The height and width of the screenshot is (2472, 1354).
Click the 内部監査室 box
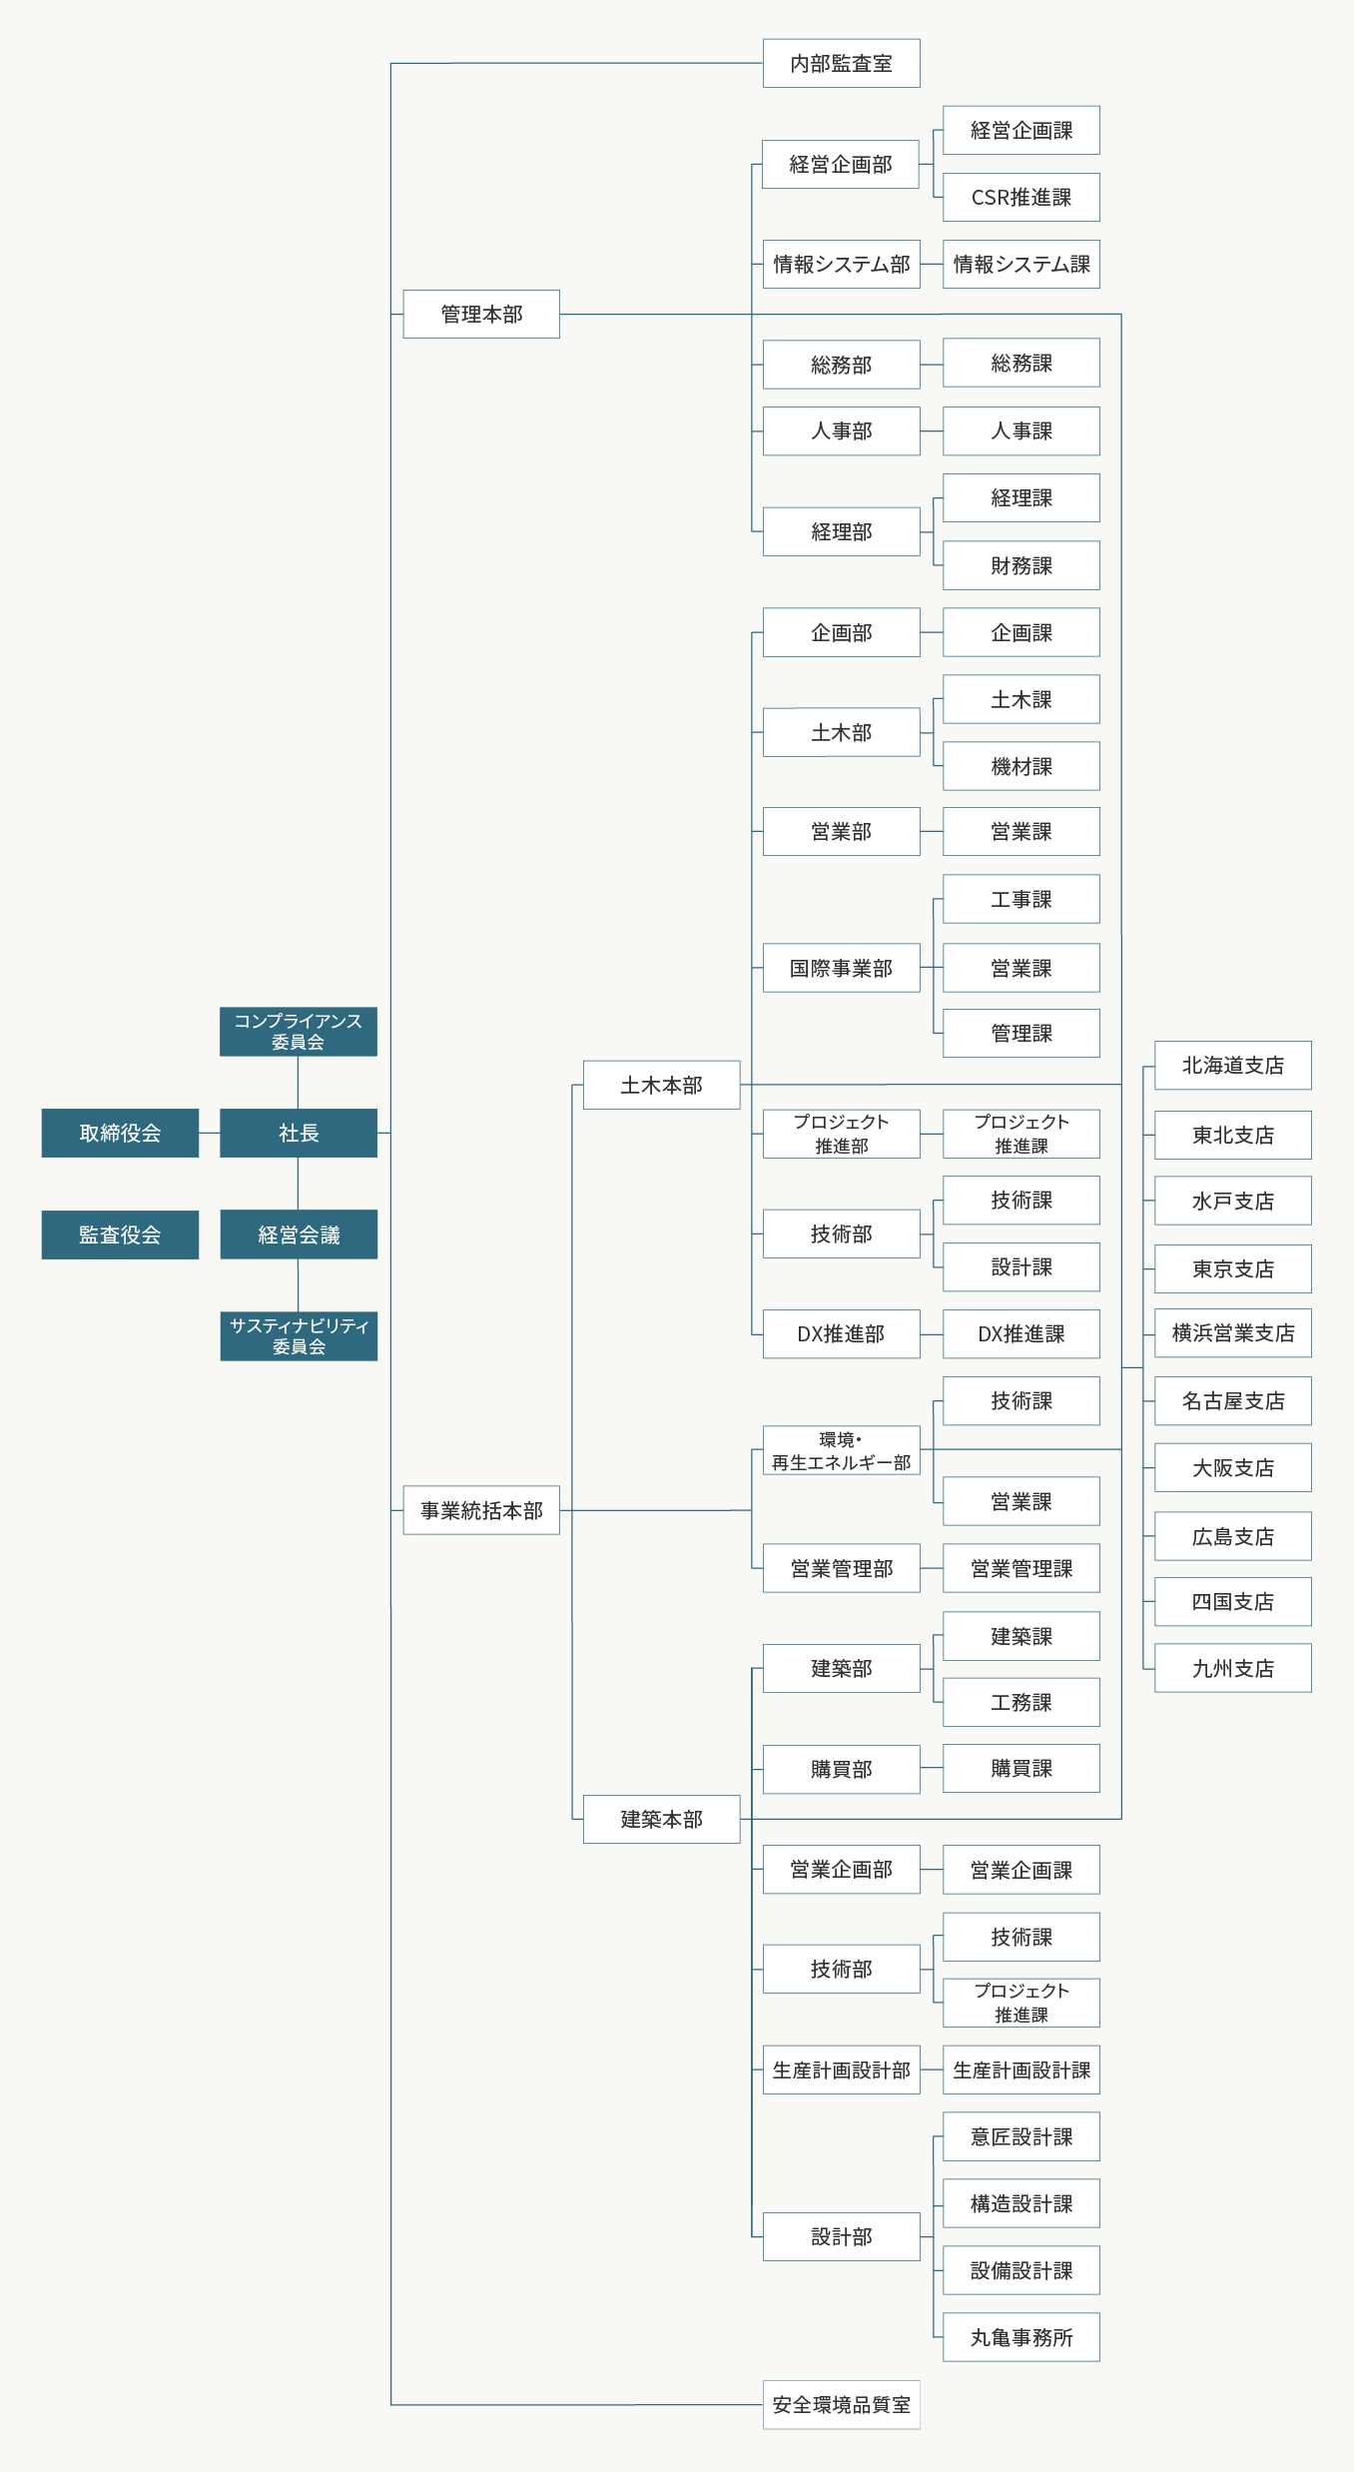(841, 63)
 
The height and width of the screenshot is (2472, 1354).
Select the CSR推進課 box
(1021, 198)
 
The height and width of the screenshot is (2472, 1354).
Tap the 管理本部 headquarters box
(481, 314)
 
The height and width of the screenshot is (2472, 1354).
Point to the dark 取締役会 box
(120, 1133)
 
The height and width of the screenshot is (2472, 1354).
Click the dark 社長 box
(299, 1133)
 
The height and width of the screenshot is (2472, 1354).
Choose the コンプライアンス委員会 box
(299, 1032)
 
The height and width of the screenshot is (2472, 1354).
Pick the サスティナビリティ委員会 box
(299, 1336)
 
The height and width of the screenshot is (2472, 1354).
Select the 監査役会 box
(120, 1235)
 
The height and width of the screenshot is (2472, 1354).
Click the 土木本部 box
(661, 1085)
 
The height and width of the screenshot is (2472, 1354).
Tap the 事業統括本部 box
(481, 1510)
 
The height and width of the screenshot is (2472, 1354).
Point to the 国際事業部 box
(841, 968)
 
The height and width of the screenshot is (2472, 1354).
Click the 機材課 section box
(1021, 766)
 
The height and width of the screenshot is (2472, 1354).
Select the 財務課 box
(1021, 565)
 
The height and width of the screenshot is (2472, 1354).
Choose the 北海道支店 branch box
(1233, 1066)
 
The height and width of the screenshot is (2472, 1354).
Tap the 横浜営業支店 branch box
(1233, 1333)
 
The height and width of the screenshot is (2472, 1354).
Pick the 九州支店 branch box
(1233, 1668)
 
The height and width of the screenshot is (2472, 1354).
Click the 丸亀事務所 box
(1021, 2337)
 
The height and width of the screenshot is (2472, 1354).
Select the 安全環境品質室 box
(841, 2405)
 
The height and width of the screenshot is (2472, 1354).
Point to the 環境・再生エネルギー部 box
(841, 1450)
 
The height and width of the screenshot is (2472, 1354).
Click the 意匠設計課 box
(1021, 2136)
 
